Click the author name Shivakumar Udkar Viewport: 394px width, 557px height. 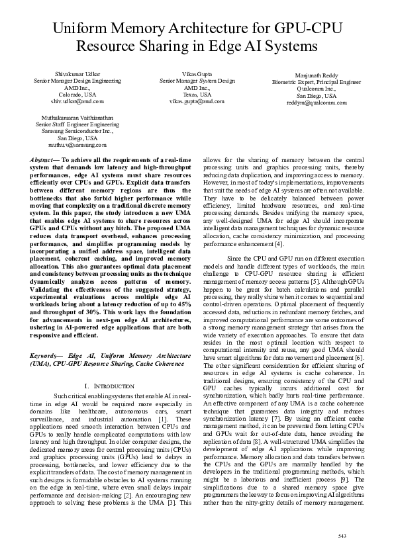[x=70, y=71]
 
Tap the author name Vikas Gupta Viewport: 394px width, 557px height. [x=197, y=71]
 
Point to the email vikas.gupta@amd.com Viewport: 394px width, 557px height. [x=197, y=102]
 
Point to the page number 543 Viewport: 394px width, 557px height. [x=342, y=535]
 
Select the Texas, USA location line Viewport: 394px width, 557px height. [x=197, y=94]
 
